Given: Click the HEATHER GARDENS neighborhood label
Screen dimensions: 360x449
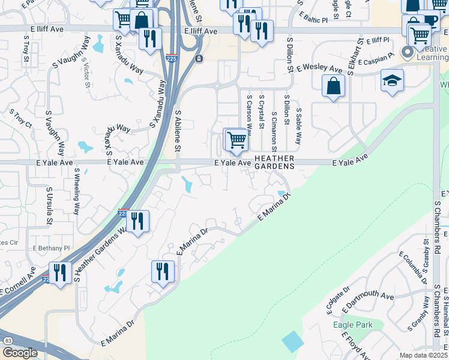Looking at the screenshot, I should (x=275, y=162).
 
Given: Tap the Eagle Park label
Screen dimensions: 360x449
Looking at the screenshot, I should (x=353, y=325).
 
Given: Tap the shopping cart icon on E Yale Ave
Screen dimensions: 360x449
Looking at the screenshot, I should (x=237, y=140).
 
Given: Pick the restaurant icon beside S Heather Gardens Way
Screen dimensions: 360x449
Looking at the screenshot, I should (x=137, y=221).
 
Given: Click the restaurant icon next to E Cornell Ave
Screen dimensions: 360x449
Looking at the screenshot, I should (x=60, y=272).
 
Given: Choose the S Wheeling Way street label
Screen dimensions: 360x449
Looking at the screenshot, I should (x=76, y=191).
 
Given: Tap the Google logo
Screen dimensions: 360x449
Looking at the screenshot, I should (x=19, y=353).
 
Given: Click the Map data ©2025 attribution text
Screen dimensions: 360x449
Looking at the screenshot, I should (x=423, y=355).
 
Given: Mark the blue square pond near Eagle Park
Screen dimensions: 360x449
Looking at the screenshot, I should (x=293, y=341).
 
